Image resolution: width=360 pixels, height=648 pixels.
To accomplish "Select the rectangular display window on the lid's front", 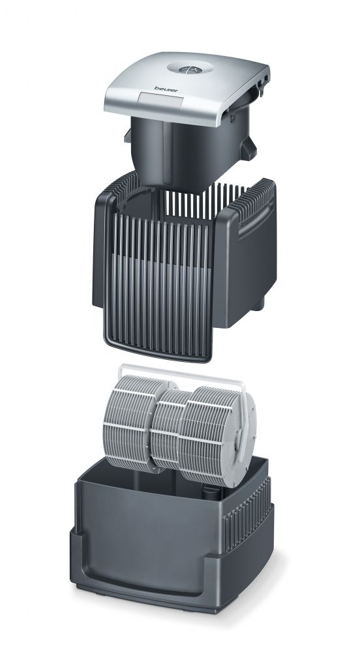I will click(151, 100).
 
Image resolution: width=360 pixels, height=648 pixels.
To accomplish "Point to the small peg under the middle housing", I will click(263, 304).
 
